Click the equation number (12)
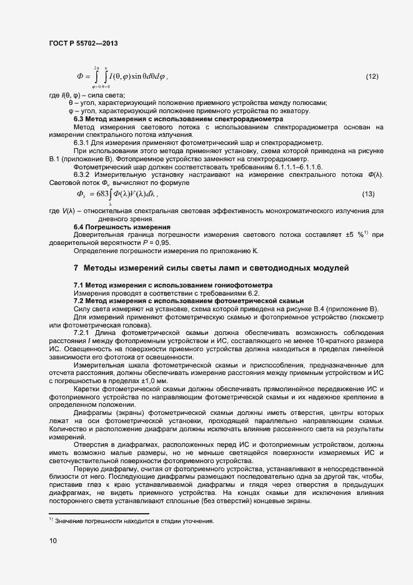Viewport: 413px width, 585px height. [372, 77]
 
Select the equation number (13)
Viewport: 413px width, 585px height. [368, 194]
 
